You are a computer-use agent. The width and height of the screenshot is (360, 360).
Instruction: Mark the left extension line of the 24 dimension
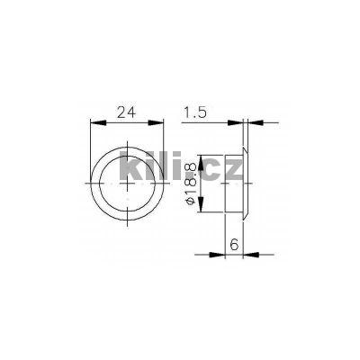[94, 148]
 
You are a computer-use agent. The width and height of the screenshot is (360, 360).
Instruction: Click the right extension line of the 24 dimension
[167, 148]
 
